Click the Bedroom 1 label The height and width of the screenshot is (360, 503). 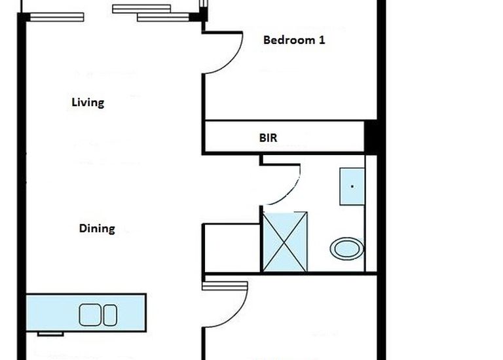point(294,40)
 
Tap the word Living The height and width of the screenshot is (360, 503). point(88,103)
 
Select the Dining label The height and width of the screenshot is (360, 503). point(97,228)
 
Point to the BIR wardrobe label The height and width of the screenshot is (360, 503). point(268,138)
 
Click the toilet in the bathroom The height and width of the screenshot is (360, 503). point(346,249)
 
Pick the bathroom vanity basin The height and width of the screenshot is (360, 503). point(352,187)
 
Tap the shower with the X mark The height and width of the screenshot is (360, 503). point(284,242)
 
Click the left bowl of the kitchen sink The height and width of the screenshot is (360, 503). point(90,315)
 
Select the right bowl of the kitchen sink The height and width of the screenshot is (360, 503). point(110,315)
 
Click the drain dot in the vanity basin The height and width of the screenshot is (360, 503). point(352,187)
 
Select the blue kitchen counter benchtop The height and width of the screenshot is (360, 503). point(86,313)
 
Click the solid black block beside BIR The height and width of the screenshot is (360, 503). point(371,137)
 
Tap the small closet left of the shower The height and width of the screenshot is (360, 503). point(232,248)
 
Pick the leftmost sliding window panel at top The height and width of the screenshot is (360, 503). point(57,17)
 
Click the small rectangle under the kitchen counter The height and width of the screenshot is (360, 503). point(50,334)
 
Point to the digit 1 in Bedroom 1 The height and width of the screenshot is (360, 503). point(322,40)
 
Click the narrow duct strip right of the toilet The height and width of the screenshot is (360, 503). point(371,213)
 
